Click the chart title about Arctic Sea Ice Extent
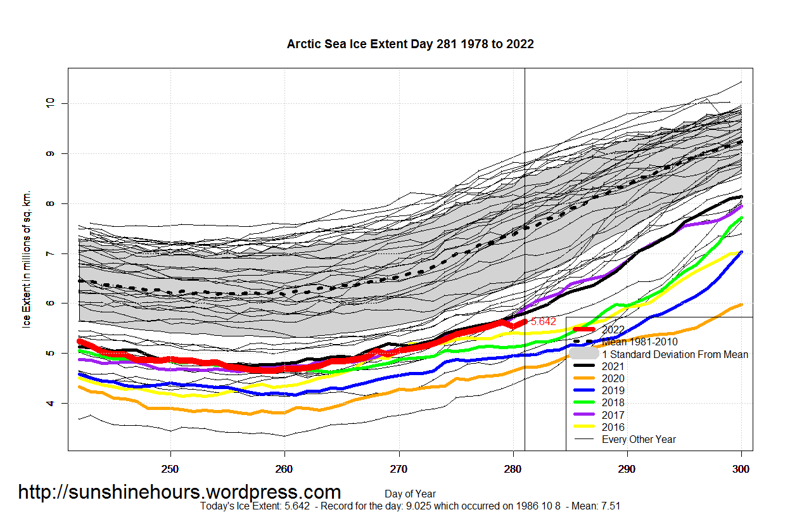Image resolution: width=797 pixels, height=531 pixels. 410,44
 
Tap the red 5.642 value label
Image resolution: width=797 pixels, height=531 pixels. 544,322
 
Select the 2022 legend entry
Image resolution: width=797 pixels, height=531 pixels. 613,330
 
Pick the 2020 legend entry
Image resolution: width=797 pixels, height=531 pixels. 613,378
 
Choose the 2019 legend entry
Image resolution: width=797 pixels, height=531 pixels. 613,391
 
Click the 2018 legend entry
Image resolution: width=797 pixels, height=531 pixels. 613,403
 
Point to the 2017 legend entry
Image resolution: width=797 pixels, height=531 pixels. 613,415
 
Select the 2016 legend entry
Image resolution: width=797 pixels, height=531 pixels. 613,427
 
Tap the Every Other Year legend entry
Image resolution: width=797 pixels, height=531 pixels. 639,439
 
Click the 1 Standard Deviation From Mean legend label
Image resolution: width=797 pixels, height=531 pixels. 675,355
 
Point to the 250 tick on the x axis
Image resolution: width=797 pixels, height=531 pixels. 170,470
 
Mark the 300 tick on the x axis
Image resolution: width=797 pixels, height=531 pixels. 741,470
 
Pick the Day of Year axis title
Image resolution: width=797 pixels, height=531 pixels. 410,494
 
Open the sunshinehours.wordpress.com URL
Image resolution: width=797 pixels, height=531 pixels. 179,492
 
